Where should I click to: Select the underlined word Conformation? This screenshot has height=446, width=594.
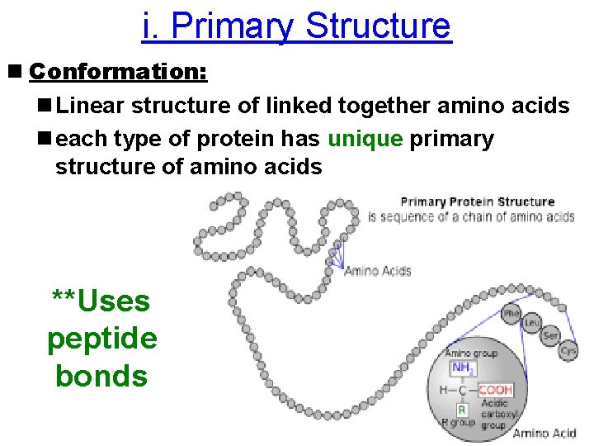pyautogui.click(x=118, y=72)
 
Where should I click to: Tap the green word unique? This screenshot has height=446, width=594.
pyautogui.click(x=365, y=139)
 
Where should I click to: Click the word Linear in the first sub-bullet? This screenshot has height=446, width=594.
pyautogui.click(x=92, y=107)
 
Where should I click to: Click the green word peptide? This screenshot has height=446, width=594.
pyautogui.click(x=101, y=338)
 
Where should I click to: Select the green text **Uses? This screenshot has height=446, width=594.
pyautogui.click(x=101, y=301)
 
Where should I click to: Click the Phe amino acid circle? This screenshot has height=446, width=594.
pyautogui.click(x=512, y=314)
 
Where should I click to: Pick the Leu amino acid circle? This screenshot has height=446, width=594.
pyautogui.click(x=532, y=324)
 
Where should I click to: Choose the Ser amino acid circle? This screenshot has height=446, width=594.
pyautogui.click(x=551, y=336)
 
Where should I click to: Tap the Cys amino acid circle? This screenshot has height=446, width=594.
pyautogui.click(x=568, y=350)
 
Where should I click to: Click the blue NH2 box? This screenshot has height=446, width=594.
pyautogui.click(x=461, y=368)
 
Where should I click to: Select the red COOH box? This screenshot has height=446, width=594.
pyautogui.click(x=495, y=389)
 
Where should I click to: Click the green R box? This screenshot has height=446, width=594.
pyautogui.click(x=463, y=409)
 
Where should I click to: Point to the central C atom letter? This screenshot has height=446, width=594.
pyautogui.click(x=463, y=389)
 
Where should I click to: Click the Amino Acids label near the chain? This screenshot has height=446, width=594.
pyautogui.click(x=377, y=271)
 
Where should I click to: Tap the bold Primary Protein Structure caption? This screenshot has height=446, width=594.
pyautogui.click(x=477, y=202)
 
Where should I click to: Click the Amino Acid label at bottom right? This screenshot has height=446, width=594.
pyautogui.click(x=544, y=433)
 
